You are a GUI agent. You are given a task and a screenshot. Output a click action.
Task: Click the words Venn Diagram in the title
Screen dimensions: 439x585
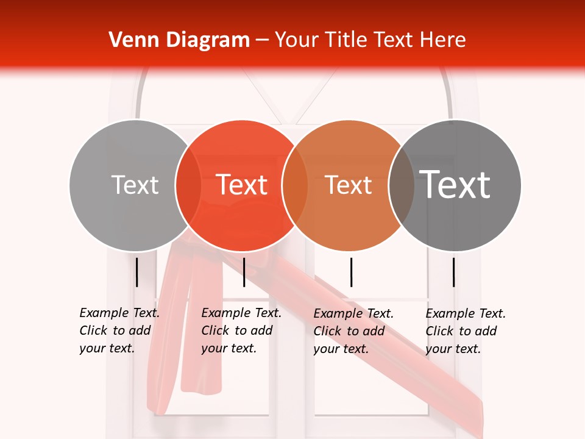179,40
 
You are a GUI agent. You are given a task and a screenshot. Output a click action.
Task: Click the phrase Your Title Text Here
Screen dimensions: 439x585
370,40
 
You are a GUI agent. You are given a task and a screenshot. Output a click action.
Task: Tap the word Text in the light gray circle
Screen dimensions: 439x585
135,185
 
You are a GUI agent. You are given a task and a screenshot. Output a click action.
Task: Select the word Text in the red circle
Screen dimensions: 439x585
241,185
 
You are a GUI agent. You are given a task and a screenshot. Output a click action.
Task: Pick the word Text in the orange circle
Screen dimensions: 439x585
348,185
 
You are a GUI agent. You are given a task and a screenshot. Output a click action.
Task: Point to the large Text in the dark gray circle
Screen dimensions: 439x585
455,185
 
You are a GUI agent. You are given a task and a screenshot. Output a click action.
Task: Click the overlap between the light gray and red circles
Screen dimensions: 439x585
188,185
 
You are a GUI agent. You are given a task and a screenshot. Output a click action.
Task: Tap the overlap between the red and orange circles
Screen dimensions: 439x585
295,185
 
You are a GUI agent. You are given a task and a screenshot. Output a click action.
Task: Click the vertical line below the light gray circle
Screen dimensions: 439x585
136,272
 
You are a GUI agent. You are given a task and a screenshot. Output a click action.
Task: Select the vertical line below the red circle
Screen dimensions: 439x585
244,272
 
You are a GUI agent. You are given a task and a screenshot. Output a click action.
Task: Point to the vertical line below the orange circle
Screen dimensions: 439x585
351,272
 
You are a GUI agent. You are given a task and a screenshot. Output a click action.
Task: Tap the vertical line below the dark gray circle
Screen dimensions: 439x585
453,272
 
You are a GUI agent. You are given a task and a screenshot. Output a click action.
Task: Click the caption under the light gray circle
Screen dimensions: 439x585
119,330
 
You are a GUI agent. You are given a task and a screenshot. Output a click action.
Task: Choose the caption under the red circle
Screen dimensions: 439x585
241,330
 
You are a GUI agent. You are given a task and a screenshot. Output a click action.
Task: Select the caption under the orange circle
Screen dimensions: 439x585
353,331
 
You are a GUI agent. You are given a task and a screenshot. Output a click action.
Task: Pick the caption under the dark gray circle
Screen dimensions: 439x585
465,331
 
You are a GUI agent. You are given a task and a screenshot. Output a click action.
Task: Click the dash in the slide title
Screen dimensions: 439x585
262,41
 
